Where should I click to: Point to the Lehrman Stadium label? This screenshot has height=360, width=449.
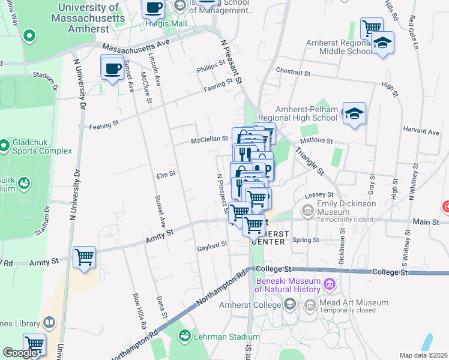(x=219, y=336)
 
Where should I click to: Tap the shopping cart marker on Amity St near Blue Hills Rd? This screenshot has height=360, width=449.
(x=84, y=257)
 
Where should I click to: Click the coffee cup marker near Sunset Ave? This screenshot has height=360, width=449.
(x=112, y=68)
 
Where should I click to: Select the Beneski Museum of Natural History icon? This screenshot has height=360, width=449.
(x=328, y=283)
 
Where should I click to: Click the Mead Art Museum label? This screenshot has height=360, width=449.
(x=348, y=304)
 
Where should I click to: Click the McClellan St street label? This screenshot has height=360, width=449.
(x=209, y=139)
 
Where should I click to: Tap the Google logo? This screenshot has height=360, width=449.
(x=20, y=353)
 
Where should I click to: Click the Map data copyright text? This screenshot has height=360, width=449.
(x=423, y=355)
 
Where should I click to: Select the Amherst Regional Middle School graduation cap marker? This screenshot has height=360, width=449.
(x=382, y=43)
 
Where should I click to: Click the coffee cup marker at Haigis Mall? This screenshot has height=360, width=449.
(x=153, y=8)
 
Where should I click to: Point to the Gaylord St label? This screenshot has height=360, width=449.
(x=212, y=245)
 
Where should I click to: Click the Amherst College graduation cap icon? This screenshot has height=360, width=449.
(x=290, y=304)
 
